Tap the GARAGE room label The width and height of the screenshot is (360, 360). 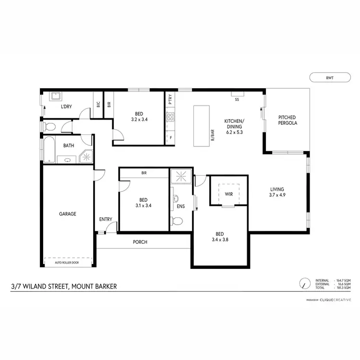(x=68, y=214)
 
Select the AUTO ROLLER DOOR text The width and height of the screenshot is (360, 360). (x=68, y=263)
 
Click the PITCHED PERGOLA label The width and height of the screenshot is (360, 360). (x=287, y=120)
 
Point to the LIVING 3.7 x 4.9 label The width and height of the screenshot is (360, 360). (x=277, y=192)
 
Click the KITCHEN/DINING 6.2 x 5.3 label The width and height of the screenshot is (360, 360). (x=234, y=127)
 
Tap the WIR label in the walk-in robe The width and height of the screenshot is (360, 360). (x=228, y=194)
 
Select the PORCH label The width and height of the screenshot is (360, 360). (x=140, y=242)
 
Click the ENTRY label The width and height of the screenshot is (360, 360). (x=106, y=219)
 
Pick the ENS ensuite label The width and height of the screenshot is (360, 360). (x=180, y=207)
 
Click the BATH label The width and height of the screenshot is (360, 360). (x=68, y=145)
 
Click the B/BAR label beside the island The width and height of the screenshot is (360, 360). (x=212, y=136)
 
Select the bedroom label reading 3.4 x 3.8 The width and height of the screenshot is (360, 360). (x=221, y=239)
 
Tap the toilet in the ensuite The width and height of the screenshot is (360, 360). (x=177, y=221)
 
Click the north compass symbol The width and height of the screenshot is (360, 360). (x=303, y=284)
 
